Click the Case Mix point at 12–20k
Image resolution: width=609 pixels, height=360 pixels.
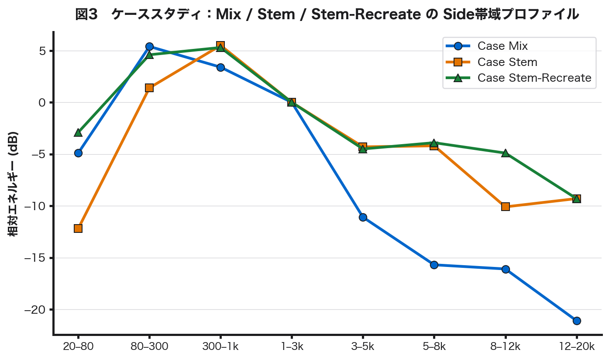coord(576,321)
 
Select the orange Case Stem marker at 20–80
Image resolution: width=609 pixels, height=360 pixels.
coord(78,228)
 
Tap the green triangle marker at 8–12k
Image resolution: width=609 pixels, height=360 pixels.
coord(505,153)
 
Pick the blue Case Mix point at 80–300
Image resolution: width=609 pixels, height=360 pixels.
coord(149,46)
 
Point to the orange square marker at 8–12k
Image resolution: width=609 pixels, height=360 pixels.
coord(505,207)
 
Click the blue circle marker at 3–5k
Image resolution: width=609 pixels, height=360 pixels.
coord(363,217)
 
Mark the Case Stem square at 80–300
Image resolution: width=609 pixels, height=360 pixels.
coord(149,88)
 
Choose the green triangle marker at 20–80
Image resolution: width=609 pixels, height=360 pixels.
coord(78,132)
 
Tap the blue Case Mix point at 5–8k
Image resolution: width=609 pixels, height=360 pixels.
coord(434,265)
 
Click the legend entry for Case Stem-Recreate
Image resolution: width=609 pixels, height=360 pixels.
coord(534,78)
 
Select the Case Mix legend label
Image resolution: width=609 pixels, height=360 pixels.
coord(502,46)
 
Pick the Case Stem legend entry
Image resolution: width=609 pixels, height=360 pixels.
coord(507,62)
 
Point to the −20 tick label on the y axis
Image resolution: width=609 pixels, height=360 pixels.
coord(35,310)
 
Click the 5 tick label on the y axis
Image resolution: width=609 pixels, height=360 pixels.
coord(42,51)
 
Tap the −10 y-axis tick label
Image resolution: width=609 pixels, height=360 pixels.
coord(35,206)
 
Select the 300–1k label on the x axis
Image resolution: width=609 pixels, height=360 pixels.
coord(220,347)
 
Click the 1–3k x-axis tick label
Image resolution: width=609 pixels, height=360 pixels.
coord(291,347)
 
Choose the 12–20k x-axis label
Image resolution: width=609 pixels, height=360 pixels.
coord(576,347)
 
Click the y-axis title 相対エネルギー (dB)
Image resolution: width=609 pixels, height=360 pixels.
coord(14,183)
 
